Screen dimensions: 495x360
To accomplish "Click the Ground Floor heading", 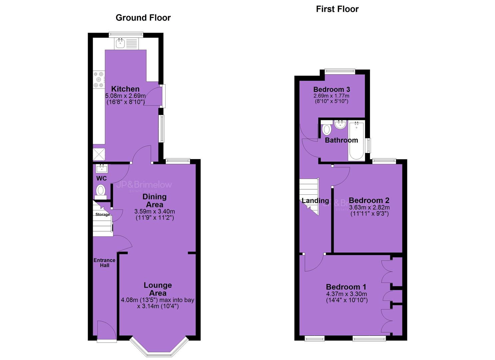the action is [143, 18].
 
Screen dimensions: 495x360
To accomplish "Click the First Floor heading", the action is [337, 9].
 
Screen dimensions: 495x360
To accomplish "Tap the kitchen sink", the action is [126, 44].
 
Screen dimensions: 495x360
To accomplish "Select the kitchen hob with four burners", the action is [99, 79].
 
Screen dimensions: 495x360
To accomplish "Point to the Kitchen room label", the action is [125, 89].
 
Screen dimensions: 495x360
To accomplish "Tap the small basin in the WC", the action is [102, 169].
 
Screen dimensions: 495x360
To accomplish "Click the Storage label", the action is [103, 214].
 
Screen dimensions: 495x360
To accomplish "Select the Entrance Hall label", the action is [104, 263].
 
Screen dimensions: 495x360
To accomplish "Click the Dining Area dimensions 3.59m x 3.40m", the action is [155, 211].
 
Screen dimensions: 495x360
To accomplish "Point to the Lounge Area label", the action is [158, 289].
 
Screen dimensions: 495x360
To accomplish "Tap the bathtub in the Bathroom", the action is [356, 141].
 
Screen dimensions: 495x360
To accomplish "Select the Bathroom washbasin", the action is [340, 124].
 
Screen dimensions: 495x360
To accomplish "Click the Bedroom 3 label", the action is [331, 90].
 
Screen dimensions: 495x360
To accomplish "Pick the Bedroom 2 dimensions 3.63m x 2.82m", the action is [369, 208].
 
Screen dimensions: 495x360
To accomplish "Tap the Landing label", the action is [315, 201].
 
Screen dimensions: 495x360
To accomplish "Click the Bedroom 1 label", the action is [346, 287].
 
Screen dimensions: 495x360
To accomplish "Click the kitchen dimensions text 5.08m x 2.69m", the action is [125, 96].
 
